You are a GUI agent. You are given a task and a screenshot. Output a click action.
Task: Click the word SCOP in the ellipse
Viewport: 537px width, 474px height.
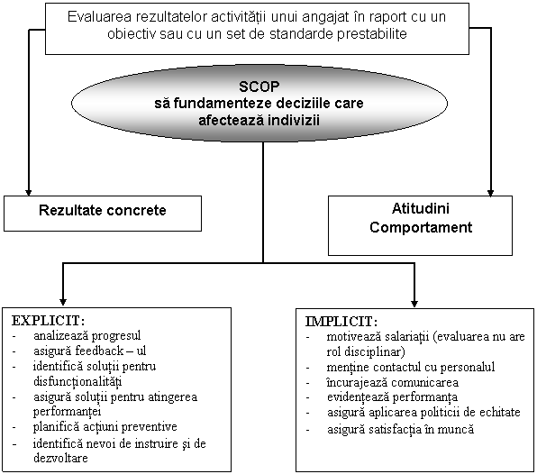point(259,87)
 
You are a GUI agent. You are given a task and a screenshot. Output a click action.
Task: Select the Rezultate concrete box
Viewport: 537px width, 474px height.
point(103,214)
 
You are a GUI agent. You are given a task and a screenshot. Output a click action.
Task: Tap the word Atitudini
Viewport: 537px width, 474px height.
point(420,208)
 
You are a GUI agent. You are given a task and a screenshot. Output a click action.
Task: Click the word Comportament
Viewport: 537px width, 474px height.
point(421,227)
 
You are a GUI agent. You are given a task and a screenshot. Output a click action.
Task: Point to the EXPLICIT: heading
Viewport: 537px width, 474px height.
point(48,321)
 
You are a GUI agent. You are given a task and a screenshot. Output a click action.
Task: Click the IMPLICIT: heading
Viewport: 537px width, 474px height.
point(341,322)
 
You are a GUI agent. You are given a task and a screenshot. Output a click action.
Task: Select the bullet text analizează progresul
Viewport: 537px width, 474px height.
point(87,336)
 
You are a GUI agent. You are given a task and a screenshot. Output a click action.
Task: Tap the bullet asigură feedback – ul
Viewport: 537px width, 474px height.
point(90,351)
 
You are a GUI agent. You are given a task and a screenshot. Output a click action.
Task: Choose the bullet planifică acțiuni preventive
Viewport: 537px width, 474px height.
point(105,427)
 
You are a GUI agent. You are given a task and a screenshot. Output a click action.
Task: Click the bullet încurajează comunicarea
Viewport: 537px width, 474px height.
point(393,383)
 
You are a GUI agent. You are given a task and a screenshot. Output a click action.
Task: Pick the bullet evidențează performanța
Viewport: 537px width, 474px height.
point(392,397)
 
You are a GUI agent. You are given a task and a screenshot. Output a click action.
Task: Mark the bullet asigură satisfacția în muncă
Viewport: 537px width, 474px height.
point(400,429)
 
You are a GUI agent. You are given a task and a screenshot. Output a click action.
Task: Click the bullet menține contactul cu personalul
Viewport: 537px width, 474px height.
point(411,367)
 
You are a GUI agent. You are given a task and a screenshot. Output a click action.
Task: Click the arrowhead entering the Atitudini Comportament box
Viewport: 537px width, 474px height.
point(490,192)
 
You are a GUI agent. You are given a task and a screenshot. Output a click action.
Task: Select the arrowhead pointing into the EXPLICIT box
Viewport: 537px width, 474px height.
point(63,301)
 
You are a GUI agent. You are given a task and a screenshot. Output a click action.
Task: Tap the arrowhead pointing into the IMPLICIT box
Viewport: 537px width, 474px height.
point(414,303)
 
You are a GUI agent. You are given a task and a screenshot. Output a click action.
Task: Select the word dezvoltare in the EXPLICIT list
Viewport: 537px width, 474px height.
point(60,458)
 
